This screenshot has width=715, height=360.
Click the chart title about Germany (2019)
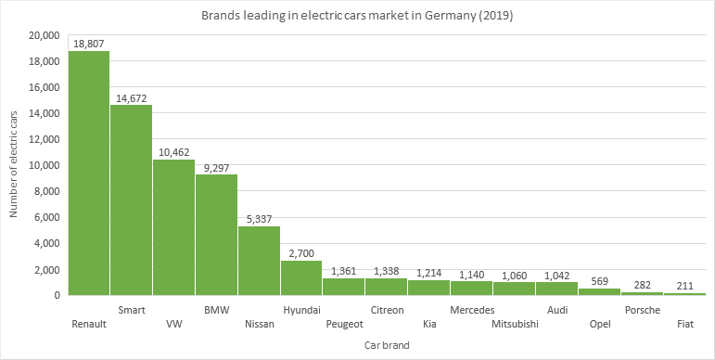click(x=357, y=16)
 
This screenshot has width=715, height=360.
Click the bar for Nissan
click(x=259, y=261)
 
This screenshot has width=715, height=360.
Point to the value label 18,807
click(x=89, y=43)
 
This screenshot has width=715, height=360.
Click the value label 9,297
click(x=216, y=166)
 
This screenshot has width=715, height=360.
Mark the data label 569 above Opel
click(x=599, y=280)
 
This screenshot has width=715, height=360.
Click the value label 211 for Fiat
click(x=684, y=285)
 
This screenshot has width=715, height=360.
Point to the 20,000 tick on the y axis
click(x=45, y=35)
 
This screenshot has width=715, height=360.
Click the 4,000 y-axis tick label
click(x=48, y=243)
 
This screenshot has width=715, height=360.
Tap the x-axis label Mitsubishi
click(x=514, y=324)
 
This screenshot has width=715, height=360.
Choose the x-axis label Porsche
click(x=642, y=310)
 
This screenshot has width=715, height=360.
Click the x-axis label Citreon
click(x=387, y=310)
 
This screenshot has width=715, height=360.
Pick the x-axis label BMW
click(x=216, y=310)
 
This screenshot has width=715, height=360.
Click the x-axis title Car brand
click(x=387, y=345)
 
